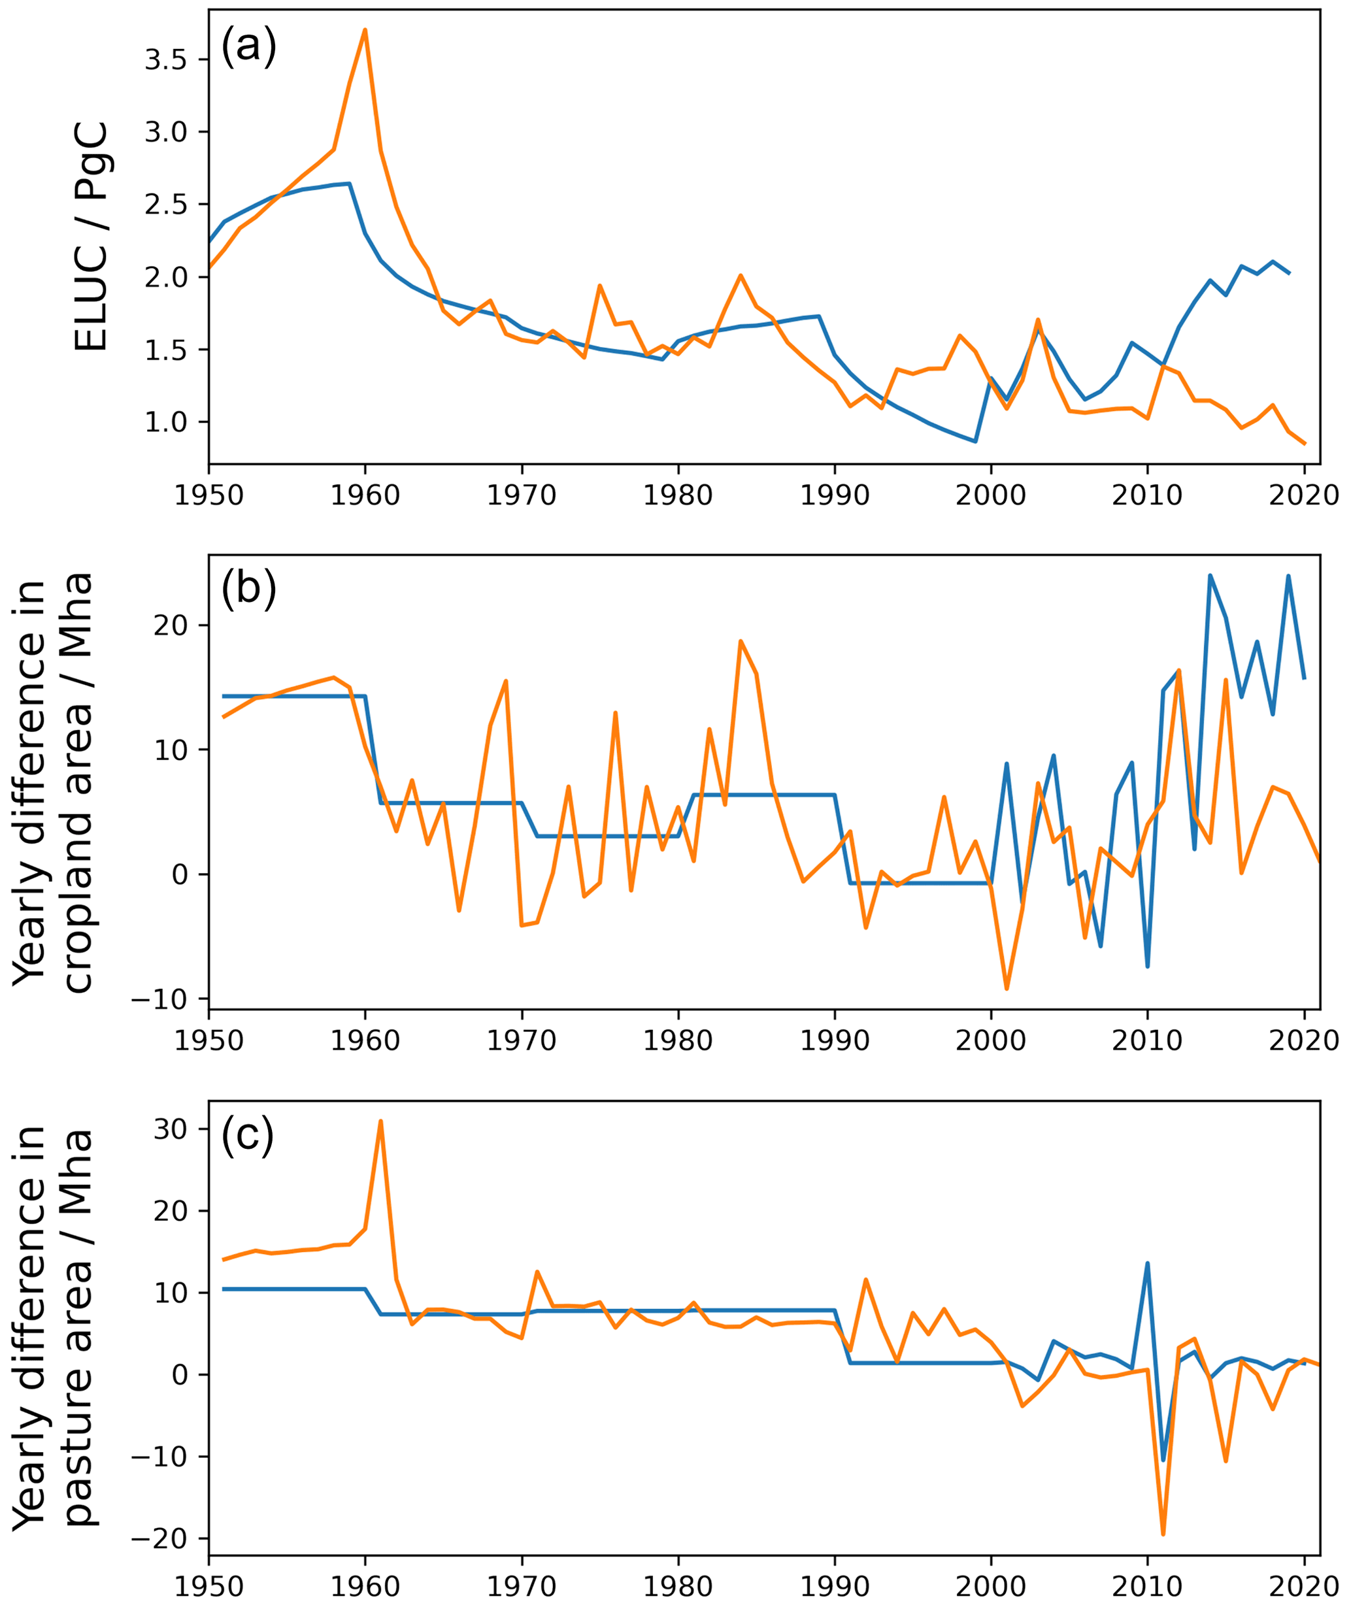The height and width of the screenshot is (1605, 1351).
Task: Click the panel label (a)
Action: (x=248, y=48)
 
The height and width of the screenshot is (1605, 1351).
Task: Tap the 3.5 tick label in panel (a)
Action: (x=166, y=59)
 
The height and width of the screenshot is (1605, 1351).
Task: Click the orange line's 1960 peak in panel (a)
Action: (x=365, y=30)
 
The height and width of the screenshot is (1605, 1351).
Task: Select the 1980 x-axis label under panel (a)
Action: (x=678, y=495)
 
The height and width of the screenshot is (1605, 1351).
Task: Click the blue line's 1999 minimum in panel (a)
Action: (x=975, y=442)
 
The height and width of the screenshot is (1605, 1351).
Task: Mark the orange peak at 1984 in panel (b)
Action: (x=741, y=641)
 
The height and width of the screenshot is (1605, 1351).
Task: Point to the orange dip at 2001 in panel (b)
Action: (x=1007, y=989)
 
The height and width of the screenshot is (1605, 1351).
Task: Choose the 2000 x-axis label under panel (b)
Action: (x=990, y=1040)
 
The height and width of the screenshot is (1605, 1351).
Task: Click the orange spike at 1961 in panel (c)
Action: (x=380, y=1121)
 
